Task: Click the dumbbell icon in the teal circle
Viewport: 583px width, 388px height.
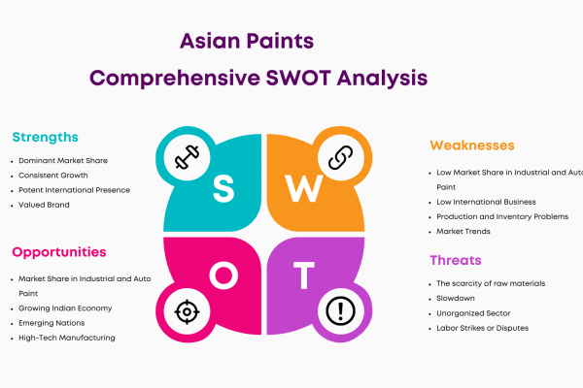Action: (x=187, y=157)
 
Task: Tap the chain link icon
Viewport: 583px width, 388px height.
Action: (x=341, y=157)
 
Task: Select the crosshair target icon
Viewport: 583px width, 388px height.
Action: (x=187, y=312)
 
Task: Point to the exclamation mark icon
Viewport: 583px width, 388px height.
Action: (x=341, y=311)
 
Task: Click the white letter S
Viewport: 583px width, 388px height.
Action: (x=223, y=188)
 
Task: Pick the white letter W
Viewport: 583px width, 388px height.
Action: (x=304, y=188)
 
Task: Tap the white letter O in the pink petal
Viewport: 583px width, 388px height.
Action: (x=223, y=275)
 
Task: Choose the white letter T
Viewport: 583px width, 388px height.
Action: (x=304, y=275)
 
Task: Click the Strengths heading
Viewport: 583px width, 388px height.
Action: (x=46, y=138)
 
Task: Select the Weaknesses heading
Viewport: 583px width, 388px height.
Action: (x=472, y=145)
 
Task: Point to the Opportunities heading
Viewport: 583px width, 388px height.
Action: (x=59, y=252)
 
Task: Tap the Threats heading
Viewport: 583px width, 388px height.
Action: (x=456, y=260)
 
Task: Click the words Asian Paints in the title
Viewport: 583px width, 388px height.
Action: (x=247, y=41)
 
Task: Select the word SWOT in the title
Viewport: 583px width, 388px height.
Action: (x=298, y=78)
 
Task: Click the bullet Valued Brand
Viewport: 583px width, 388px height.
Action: (x=44, y=205)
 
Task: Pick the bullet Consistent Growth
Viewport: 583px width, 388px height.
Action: (x=53, y=176)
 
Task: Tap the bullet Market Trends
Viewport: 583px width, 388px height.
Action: (x=463, y=231)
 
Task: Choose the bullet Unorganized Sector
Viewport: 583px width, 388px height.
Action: (x=473, y=313)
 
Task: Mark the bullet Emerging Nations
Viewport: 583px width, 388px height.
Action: (x=51, y=323)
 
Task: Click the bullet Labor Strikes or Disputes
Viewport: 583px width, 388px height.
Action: (x=483, y=328)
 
